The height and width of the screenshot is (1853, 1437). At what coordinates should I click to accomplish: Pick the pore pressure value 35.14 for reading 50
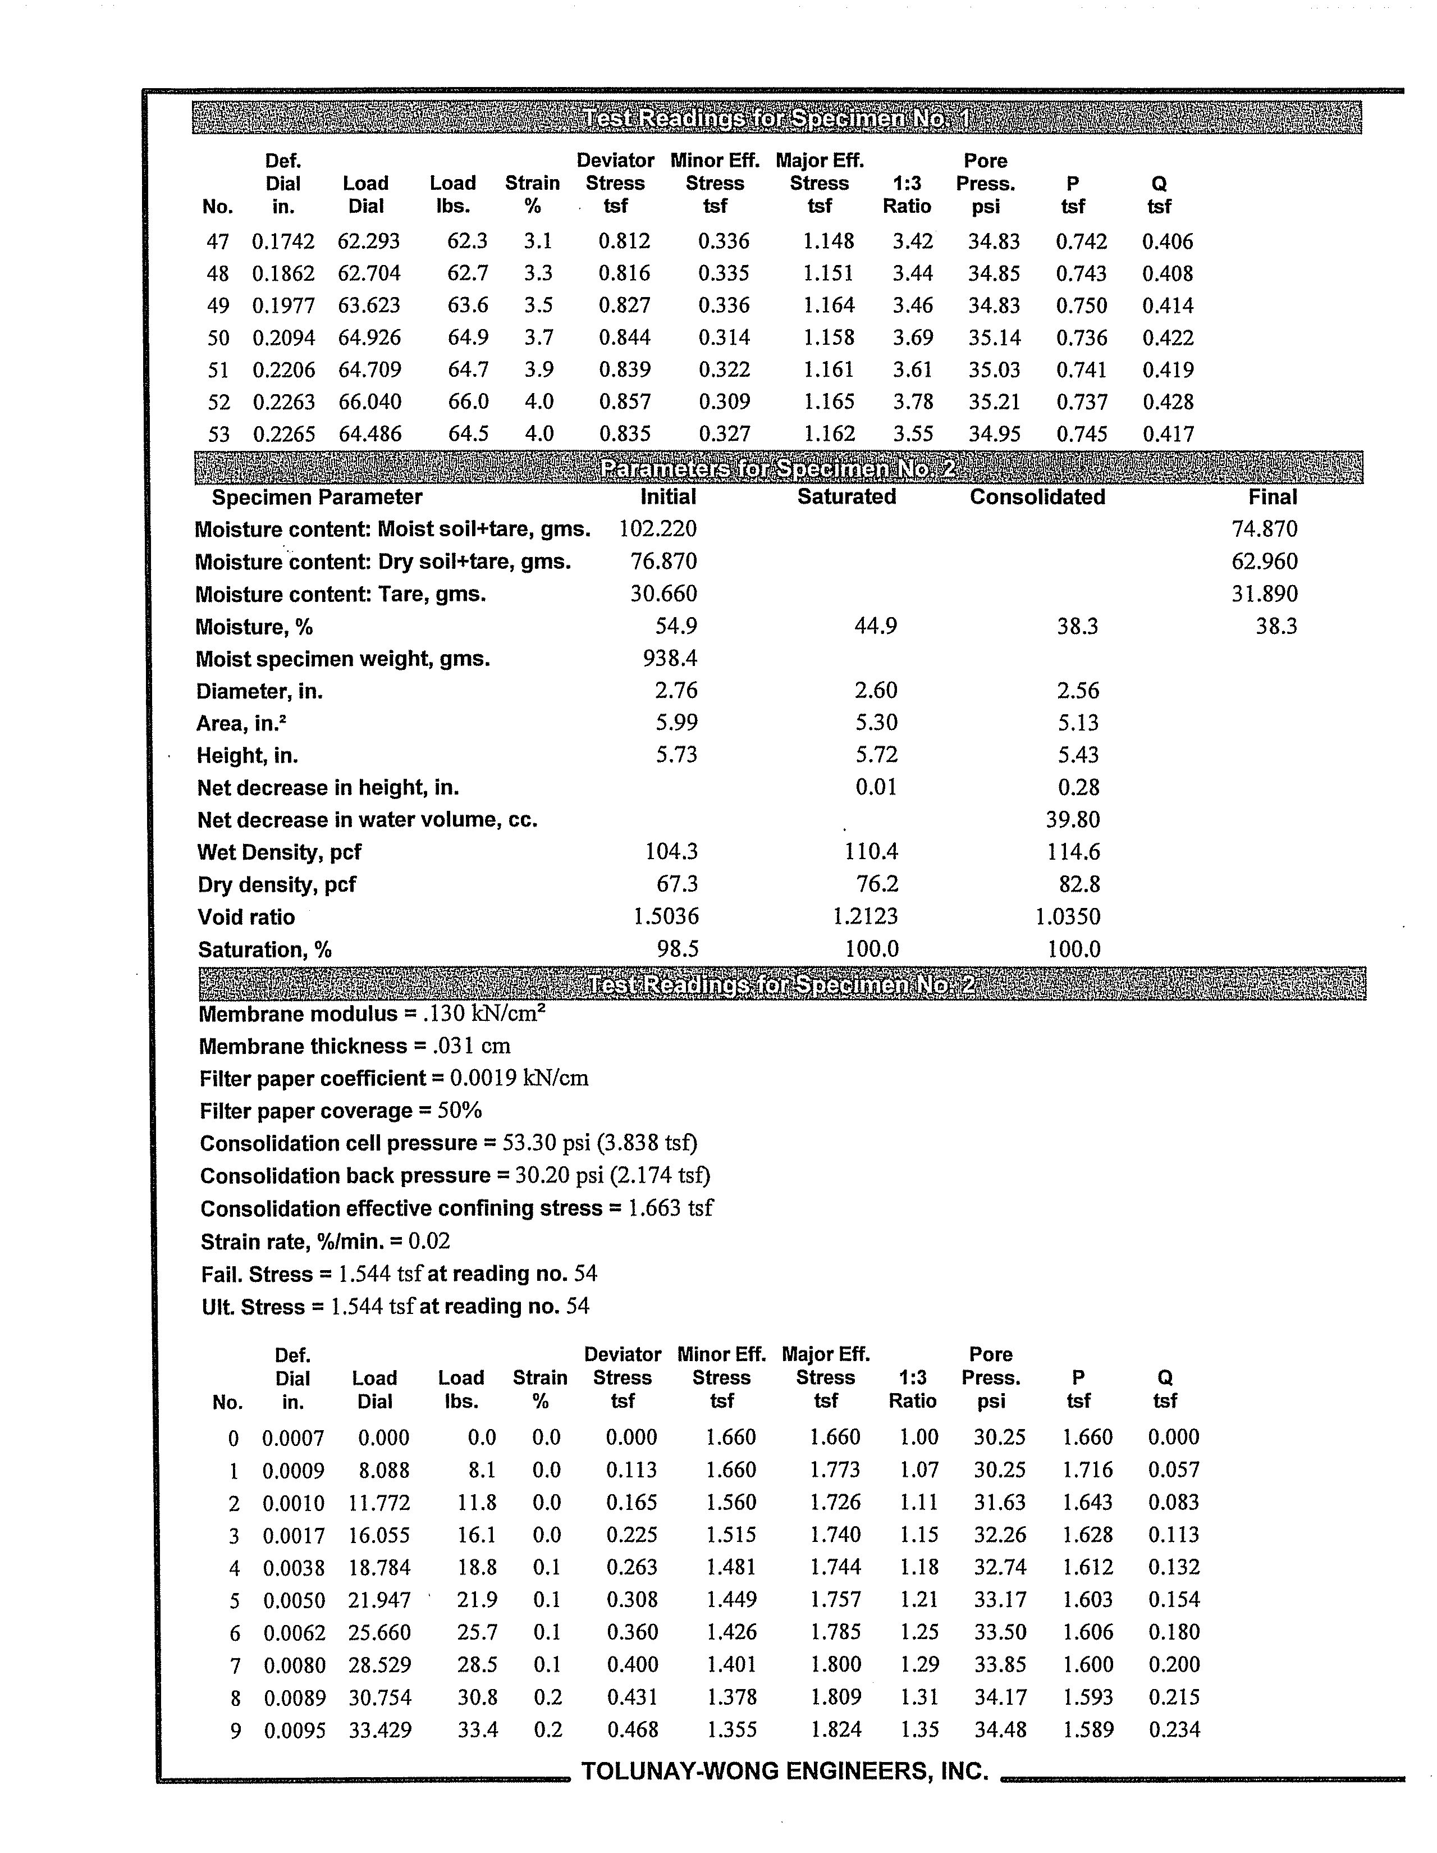[x=994, y=337]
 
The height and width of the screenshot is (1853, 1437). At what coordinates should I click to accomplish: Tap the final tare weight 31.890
[x=1264, y=594]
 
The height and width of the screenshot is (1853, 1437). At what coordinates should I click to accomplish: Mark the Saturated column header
[x=846, y=497]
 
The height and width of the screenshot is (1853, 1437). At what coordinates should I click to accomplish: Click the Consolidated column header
[x=1037, y=497]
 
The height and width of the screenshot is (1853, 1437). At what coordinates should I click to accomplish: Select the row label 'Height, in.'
[x=247, y=755]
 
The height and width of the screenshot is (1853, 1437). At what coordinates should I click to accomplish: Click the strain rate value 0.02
[x=429, y=1242]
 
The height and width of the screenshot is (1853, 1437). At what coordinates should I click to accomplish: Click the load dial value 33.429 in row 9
[x=380, y=1730]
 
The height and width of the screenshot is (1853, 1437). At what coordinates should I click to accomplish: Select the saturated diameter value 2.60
[x=876, y=691]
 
